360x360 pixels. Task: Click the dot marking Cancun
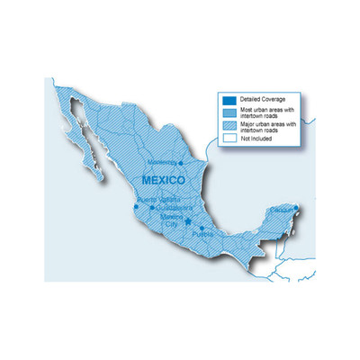[296, 209]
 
